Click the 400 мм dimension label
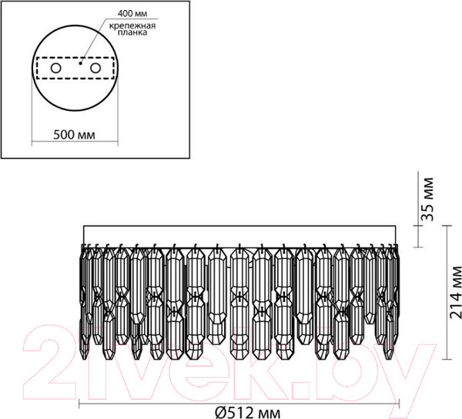click(132, 13)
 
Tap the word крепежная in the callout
click(132, 26)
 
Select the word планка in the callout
click(132, 32)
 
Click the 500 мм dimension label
click(74, 135)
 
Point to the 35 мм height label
click(427, 199)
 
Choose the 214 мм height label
click(456, 292)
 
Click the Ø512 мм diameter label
click(247, 413)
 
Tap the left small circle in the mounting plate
click(55, 69)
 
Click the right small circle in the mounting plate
click(95, 69)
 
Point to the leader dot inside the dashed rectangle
click(80, 62)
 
